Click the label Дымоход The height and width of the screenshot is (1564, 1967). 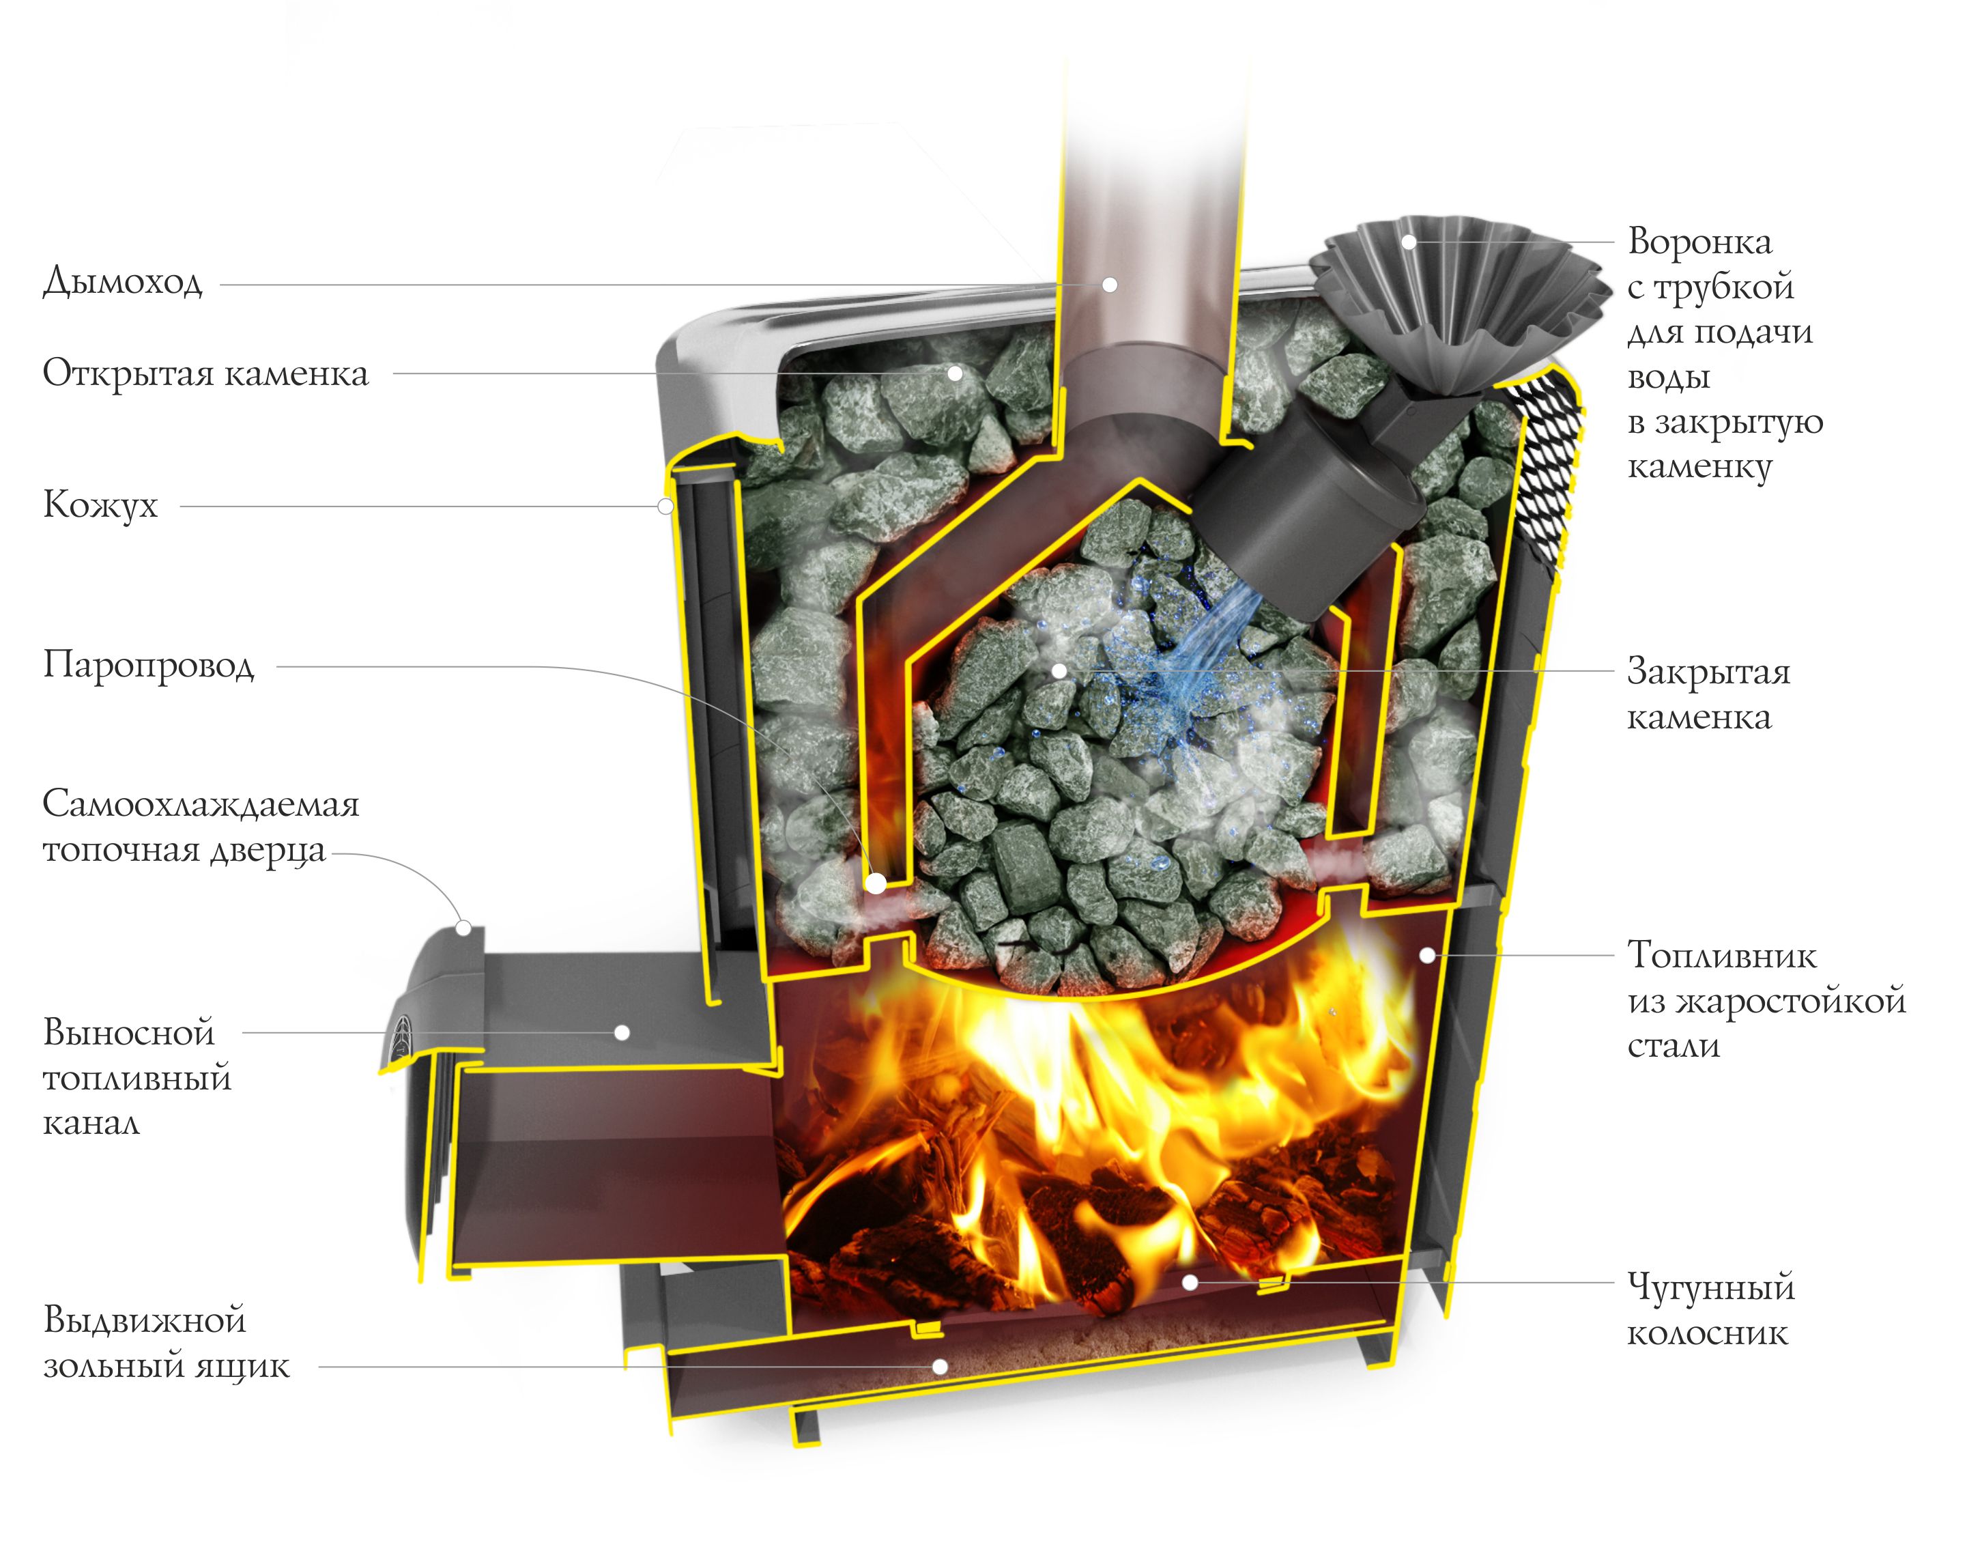[x=122, y=282]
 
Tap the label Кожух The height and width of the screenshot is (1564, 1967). [x=100, y=504]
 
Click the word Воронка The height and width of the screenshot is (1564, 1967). [x=1699, y=242]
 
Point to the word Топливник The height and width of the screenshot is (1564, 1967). [x=1721, y=955]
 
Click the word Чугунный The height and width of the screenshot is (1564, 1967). [x=1710, y=1287]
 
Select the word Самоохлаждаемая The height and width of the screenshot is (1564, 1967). [x=201, y=804]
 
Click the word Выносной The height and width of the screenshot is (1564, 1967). [x=128, y=1032]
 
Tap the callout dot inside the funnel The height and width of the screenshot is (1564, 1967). [x=1409, y=242]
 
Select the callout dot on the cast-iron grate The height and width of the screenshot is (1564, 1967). [x=1190, y=1282]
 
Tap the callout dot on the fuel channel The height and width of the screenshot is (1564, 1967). [x=622, y=1033]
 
